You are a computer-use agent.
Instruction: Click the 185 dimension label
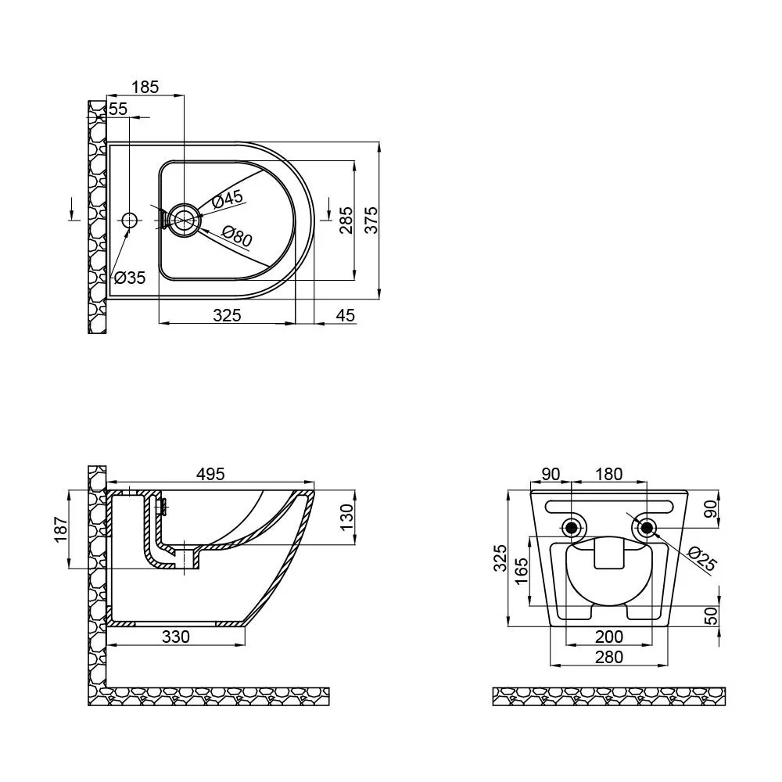click(145, 87)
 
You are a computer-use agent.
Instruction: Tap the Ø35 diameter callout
click(130, 278)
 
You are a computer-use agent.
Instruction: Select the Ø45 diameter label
click(228, 199)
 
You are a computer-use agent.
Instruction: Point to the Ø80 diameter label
click(237, 236)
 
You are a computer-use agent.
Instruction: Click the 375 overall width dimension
click(371, 220)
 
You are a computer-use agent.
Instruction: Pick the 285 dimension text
click(346, 220)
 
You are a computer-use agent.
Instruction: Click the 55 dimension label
click(118, 108)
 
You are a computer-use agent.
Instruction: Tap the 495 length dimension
click(210, 474)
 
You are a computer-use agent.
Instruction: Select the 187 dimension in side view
click(60, 529)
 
